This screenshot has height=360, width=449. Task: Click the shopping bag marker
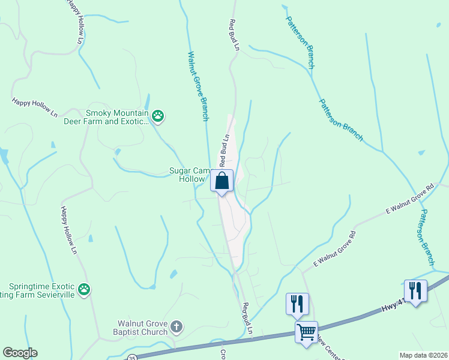(x=222, y=181)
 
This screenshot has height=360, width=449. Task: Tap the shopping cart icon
(x=306, y=331)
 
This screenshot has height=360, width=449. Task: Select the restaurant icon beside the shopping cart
(x=297, y=304)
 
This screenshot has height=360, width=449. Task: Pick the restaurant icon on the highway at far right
(x=415, y=291)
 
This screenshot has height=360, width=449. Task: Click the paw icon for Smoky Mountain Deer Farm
(x=158, y=116)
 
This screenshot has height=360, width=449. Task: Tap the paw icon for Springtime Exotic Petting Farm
(x=85, y=290)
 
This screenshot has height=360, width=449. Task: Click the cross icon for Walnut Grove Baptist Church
(x=176, y=327)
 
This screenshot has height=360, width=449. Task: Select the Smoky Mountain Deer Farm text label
(x=116, y=116)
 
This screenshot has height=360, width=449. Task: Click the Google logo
(x=20, y=353)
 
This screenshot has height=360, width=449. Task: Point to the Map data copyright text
(x=423, y=355)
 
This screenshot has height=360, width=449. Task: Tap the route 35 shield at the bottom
(x=131, y=357)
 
